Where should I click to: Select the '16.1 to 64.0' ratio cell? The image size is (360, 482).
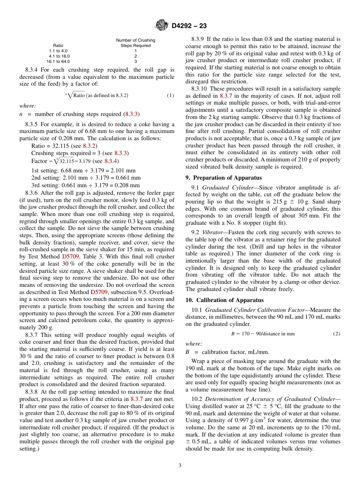58,61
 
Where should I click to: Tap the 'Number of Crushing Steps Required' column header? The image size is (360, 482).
135,43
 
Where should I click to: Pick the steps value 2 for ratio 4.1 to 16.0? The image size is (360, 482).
135,56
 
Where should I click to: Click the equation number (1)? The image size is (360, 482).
171,95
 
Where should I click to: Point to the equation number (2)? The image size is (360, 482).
337,334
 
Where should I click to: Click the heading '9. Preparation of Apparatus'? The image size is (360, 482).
218,178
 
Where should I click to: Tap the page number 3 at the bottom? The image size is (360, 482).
180,466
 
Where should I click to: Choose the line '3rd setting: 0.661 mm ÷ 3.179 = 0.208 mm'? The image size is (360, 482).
85,185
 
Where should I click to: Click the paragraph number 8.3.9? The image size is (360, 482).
198,39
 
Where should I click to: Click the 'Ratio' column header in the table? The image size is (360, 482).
58,45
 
